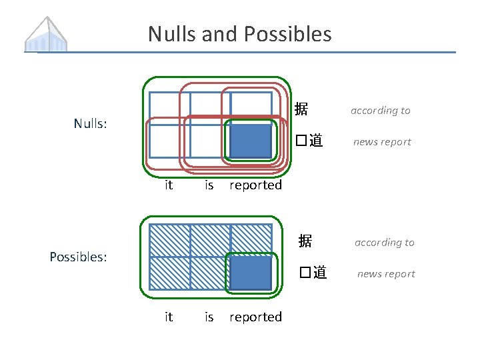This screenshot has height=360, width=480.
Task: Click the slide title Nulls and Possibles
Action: coord(239,33)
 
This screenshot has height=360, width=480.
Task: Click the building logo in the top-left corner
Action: coord(47,34)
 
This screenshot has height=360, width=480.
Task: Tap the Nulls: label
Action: coord(91,123)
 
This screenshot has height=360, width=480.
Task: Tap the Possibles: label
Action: coord(79,257)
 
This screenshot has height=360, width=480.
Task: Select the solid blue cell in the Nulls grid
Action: coord(251,141)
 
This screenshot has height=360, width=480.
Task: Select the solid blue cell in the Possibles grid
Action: coord(251,273)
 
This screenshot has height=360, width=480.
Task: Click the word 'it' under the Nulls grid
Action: coord(169,185)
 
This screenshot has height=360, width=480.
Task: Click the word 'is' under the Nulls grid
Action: coord(209,185)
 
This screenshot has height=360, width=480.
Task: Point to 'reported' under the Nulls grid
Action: coord(255,185)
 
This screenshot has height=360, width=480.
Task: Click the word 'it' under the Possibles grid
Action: coord(169,317)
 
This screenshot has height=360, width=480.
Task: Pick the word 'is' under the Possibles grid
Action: coord(209,317)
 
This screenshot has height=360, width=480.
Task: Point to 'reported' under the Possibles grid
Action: coord(255,317)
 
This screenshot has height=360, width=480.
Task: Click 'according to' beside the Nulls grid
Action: coord(381,111)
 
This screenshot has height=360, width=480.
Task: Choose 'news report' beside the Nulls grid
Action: coord(382,142)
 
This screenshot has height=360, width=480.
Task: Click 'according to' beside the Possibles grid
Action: coord(385,243)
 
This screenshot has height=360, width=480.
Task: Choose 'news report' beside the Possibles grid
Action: coord(386,274)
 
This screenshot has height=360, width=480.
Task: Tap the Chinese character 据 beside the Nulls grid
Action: coord(301,109)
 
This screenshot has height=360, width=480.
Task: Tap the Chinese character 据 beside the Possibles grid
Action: coord(305,241)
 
